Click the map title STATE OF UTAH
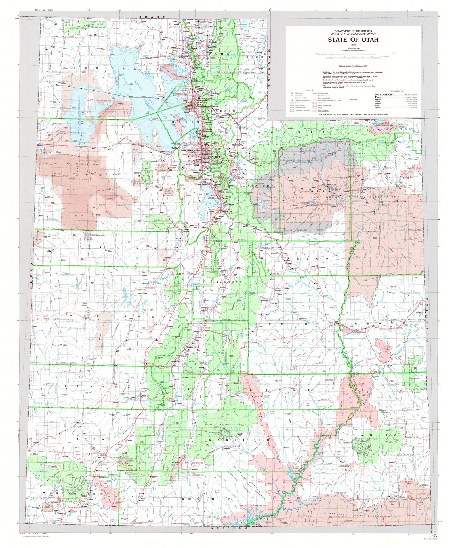click(x=353, y=40)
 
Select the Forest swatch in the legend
click(x=315, y=108)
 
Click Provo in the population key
click(x=378, y=97)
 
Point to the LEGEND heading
click(x=310, y=90)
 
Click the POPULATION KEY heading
click(x=397, y=91)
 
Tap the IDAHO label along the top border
click(x=153, y=17)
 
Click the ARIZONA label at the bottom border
click(x=227, y=528)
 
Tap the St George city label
click(x=58, y=513)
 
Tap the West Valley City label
click(x=194, y=151)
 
